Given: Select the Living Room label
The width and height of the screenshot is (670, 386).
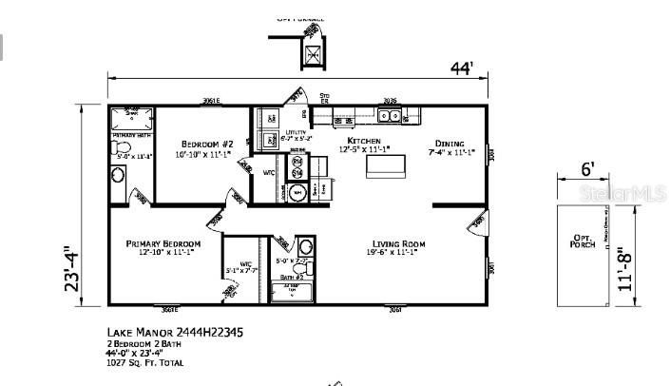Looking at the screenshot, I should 396,243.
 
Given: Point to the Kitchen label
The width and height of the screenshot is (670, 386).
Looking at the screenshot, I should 363,141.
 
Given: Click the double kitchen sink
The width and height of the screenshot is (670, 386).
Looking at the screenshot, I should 388,116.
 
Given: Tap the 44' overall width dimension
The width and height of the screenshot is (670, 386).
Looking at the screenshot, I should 462,68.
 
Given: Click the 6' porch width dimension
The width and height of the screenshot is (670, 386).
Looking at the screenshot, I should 588,170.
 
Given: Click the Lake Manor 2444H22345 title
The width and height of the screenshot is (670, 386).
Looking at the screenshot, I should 163,333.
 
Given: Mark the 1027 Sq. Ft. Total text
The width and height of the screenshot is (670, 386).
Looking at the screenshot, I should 145,362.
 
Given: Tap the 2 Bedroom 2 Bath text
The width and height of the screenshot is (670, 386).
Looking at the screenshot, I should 141,343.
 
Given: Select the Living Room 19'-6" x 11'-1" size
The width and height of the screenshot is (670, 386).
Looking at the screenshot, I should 396,253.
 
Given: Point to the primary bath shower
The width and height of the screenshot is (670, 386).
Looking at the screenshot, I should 132,119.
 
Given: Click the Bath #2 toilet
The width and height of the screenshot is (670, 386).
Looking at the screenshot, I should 305,246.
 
